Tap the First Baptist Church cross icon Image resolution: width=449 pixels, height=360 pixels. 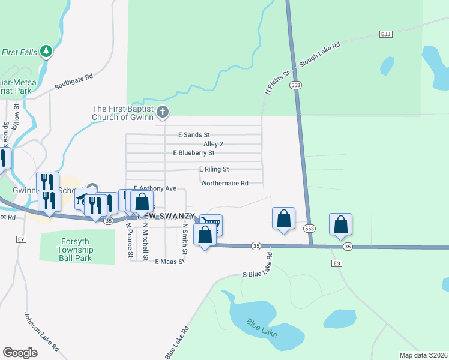pos(162,112)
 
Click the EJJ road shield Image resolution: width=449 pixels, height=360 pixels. pos(385,34)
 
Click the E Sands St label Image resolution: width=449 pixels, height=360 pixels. pos(194,135)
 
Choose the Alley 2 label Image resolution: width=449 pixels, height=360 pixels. pos(213,144)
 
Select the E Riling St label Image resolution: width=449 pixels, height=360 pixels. pos(214,169)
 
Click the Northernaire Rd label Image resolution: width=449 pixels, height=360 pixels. pos(225,184)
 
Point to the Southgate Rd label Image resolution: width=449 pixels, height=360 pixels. pos(73,82)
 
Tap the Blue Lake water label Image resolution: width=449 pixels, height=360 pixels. pos(262,326)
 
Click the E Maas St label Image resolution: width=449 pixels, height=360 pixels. pos(169,262)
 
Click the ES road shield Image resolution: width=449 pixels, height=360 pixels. pos(336,263)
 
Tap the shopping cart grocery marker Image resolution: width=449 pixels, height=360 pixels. pos(212,224)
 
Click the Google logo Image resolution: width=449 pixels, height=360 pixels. pos(20,353)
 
